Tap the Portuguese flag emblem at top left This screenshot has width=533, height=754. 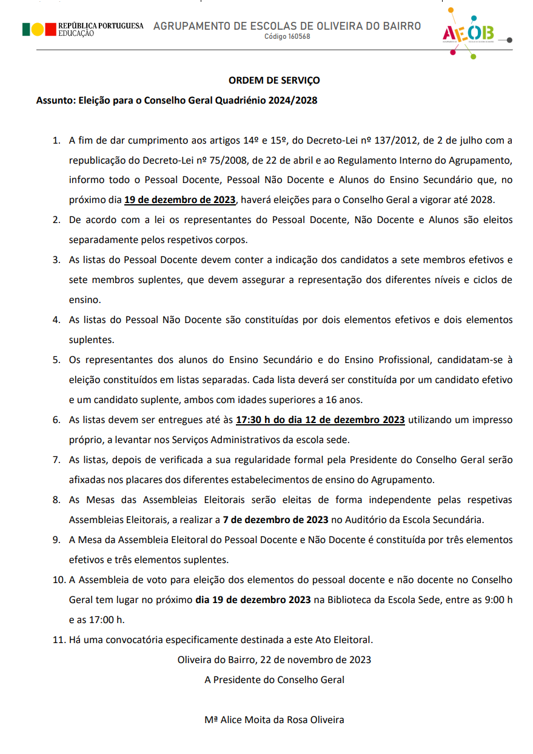tap(33, 29)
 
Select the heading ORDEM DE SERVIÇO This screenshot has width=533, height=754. tap(274, 80)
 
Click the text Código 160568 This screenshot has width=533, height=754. tap(287, 37)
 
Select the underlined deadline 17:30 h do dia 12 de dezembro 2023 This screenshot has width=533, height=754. tap(320, 419)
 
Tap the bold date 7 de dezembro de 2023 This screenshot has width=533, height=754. tap(275, 519)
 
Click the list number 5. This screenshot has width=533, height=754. tap(56, 360)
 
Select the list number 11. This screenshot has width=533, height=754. tap(58, 639)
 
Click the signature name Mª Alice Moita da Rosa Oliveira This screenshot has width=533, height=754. tap(274, 720)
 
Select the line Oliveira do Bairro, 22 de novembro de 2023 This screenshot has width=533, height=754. tap(274, 659)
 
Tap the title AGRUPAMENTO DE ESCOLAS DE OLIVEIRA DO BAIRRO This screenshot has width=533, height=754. tap(287, 26)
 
